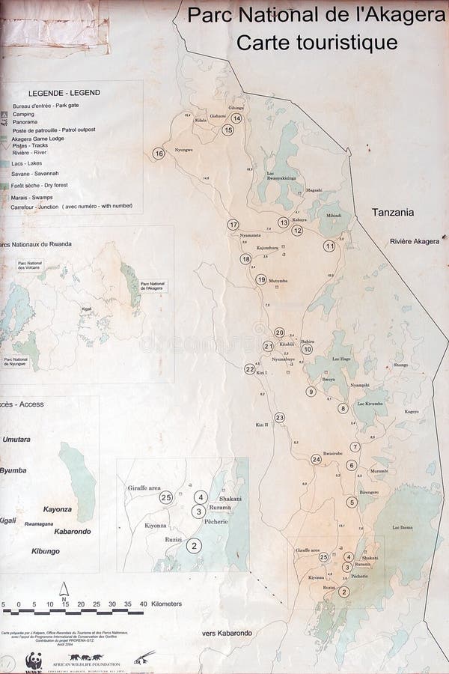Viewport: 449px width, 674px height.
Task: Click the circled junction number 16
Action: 158,154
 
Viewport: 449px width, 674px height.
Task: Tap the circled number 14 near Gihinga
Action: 236,118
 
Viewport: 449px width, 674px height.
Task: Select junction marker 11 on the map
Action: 329,246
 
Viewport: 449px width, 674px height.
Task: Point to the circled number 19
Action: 261,279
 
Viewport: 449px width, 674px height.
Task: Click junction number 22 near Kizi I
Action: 250,368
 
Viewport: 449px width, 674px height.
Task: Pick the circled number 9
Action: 311,391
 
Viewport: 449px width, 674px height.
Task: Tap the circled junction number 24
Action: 316,459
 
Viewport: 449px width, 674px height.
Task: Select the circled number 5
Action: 351,502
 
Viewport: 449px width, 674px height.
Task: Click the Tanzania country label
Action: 393,213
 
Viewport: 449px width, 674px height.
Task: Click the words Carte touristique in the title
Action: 317,43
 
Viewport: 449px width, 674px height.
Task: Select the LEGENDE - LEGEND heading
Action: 64,93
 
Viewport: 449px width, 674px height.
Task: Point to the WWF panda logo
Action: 33,661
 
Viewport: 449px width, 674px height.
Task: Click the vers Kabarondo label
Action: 227,634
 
